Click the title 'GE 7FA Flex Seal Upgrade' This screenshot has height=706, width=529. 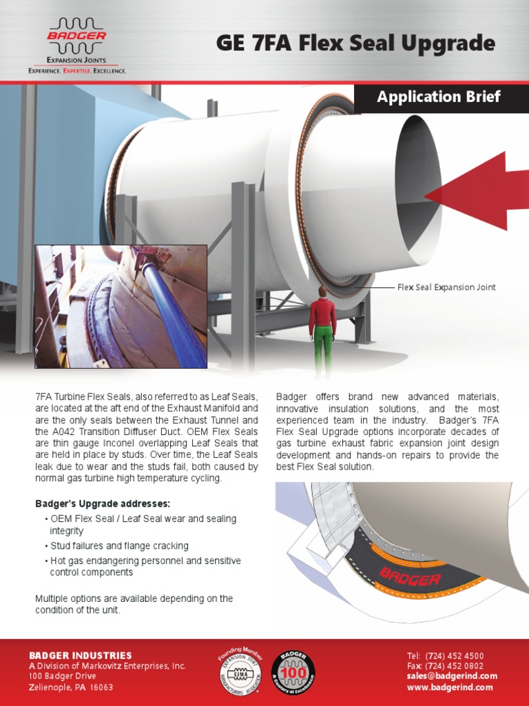(355, 43)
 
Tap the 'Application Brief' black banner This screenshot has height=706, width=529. (439, 97)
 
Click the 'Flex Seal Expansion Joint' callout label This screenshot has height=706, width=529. (446, 288)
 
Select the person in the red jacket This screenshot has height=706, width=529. (322, 314)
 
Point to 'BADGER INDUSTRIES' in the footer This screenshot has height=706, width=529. (80, 655)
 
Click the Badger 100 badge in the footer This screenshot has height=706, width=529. (293, 672)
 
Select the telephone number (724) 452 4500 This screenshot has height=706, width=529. (455, 656)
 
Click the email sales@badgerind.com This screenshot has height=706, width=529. (452, 676)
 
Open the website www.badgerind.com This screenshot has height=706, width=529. (450, 687)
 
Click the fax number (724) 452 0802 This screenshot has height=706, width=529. (455, 666)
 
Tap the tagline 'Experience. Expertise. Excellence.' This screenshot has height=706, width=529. (76, 71)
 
